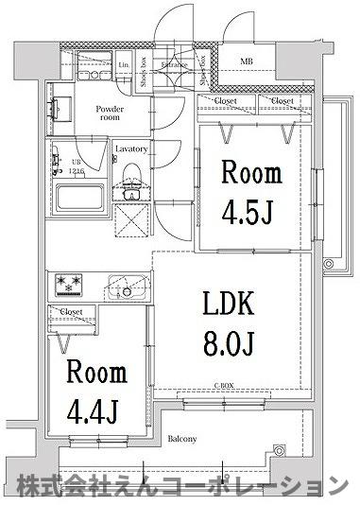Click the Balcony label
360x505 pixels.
tap(182, 439)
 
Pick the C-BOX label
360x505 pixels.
tap(224, 386)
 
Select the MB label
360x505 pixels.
tap(246, 62)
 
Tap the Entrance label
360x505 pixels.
tap(174, 63)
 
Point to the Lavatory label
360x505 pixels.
tap(130, 149)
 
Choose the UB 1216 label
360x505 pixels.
tap(77, 168)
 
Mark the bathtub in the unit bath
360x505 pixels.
tap(82, 200)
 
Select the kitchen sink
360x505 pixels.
tap(124, 286)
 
